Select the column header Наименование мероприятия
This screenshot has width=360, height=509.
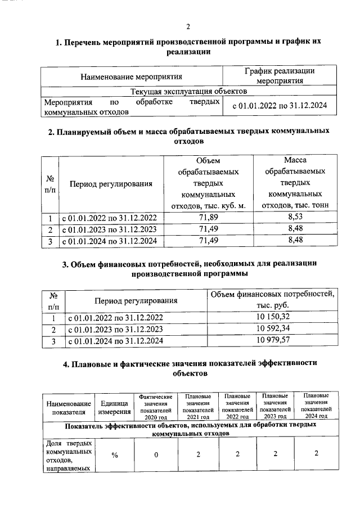(132, 76)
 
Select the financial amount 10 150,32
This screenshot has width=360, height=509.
(273, 317)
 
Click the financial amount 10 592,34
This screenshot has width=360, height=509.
(273, 328)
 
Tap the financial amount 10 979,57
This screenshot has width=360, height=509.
(273, 341)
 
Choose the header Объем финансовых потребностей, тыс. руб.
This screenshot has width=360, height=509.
(273, 300)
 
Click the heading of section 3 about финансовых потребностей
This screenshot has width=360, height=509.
(188, 268)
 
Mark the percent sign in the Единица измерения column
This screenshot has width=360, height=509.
(114, 455)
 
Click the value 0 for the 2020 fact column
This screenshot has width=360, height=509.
(157, 455)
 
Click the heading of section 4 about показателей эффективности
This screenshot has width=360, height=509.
(188, 368)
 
